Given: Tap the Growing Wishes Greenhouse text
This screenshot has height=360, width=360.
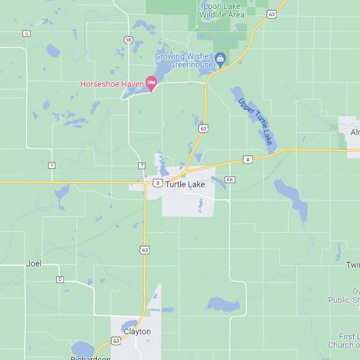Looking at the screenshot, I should [x=184, y=60].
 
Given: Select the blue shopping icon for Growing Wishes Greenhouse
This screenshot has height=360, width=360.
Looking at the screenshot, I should [x=220, y=59].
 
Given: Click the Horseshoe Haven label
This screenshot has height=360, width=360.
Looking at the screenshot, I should [x=111, y=84].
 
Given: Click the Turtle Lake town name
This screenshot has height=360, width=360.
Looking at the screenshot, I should [x=185, y=184].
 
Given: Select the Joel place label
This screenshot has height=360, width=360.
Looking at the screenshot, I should [x=34, y=263].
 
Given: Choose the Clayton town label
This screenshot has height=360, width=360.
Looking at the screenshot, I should [x=137, y=331].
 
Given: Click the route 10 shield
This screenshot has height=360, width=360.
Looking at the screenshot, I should [x=128, y=40].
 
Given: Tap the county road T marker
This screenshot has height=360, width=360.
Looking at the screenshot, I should [x=142, y=166].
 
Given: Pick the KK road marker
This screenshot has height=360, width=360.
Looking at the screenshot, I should [x=229, y=179].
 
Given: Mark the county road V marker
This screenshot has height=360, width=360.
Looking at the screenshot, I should [x=52, y=165].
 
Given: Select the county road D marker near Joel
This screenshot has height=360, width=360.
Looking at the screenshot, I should [x=60, y=279].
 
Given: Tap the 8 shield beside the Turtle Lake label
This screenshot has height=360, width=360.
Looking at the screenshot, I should [x=157, y=183].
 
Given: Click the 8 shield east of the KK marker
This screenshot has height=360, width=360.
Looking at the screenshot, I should [x=247, y=159].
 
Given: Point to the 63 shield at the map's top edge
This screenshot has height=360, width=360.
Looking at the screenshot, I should [x=272, y=14].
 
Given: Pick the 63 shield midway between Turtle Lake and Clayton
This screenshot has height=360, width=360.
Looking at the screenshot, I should [x=145, y=249].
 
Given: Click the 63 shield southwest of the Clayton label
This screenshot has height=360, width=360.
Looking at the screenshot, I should [x=116, y=340].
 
